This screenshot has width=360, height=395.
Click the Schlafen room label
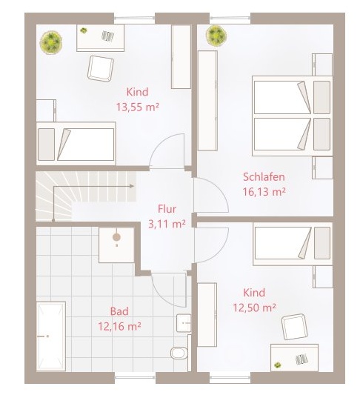pos(264,176)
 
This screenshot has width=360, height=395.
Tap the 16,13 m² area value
pos(264,192)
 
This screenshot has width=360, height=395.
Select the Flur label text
pos(167,209)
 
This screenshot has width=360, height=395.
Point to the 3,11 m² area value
pos(167,224)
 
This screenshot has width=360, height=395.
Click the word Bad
pos(119,311)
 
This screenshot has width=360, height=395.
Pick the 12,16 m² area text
pos(119,327)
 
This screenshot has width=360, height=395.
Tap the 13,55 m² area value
pos(138,107)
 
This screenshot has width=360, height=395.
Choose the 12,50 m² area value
pos(254,308)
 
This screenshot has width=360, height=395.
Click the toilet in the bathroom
pos(179,352)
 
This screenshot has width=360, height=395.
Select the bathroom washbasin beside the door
pos(184,322)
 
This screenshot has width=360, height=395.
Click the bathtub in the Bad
pos(51,336)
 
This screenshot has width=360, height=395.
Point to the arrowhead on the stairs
pos(131,186)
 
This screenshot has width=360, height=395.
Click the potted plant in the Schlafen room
pos(216,36)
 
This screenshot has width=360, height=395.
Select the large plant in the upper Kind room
pos(51,42)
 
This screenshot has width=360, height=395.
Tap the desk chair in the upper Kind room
pos(101,69)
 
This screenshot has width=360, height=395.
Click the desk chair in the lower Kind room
pos(295,327)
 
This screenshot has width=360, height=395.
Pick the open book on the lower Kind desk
pos(301,359)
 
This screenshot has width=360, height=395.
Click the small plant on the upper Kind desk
pos(83,30)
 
